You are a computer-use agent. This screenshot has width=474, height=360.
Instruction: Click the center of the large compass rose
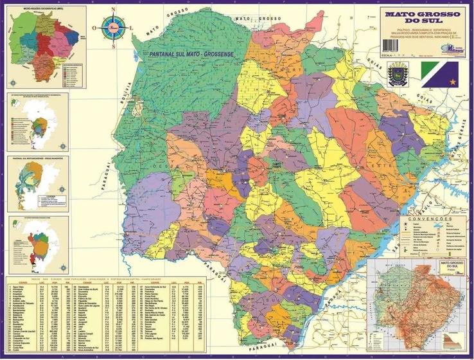coord(114,28)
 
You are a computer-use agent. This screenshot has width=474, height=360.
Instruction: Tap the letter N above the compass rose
coord(114,9)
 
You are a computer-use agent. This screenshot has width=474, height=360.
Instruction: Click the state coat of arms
coord(394,73)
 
